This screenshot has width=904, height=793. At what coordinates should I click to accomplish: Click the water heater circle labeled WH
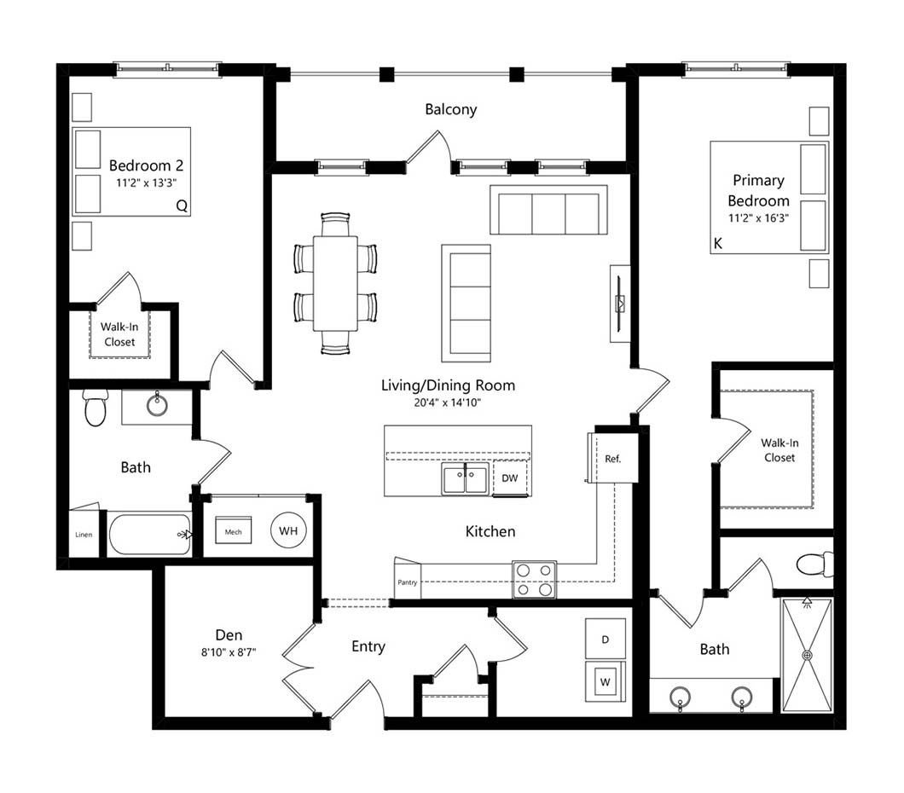(288, 530)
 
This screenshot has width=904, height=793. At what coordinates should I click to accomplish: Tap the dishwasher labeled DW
(510, 478)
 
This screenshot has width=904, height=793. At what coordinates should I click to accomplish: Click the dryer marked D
(606, 639)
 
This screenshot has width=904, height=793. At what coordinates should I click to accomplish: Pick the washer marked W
(606, 682)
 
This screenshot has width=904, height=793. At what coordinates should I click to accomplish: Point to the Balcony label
(451, 109)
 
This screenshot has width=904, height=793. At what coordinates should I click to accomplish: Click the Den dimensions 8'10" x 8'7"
(229, 652)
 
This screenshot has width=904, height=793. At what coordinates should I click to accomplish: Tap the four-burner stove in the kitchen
(535, 579)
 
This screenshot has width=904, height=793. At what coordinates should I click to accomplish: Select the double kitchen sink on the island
(466, 478)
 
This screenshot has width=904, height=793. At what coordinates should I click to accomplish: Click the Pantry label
(407, 582)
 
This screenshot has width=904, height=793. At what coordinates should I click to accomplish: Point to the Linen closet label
(84, 535)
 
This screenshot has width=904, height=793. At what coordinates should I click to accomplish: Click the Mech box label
(233, 532)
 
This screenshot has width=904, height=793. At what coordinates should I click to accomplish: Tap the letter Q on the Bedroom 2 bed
(182, 205)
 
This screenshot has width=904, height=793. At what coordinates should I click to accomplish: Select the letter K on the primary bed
(718, 243)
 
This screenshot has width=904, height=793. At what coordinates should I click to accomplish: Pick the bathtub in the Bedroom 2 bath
(150, 535)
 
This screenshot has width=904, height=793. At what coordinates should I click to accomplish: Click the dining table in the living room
(335, 283)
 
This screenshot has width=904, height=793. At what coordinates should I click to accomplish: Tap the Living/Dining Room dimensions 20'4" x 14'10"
(448, 402)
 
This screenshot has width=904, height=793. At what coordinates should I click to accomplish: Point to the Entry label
(368, 646)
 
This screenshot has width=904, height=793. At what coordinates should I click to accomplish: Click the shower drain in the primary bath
(807, 655)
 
